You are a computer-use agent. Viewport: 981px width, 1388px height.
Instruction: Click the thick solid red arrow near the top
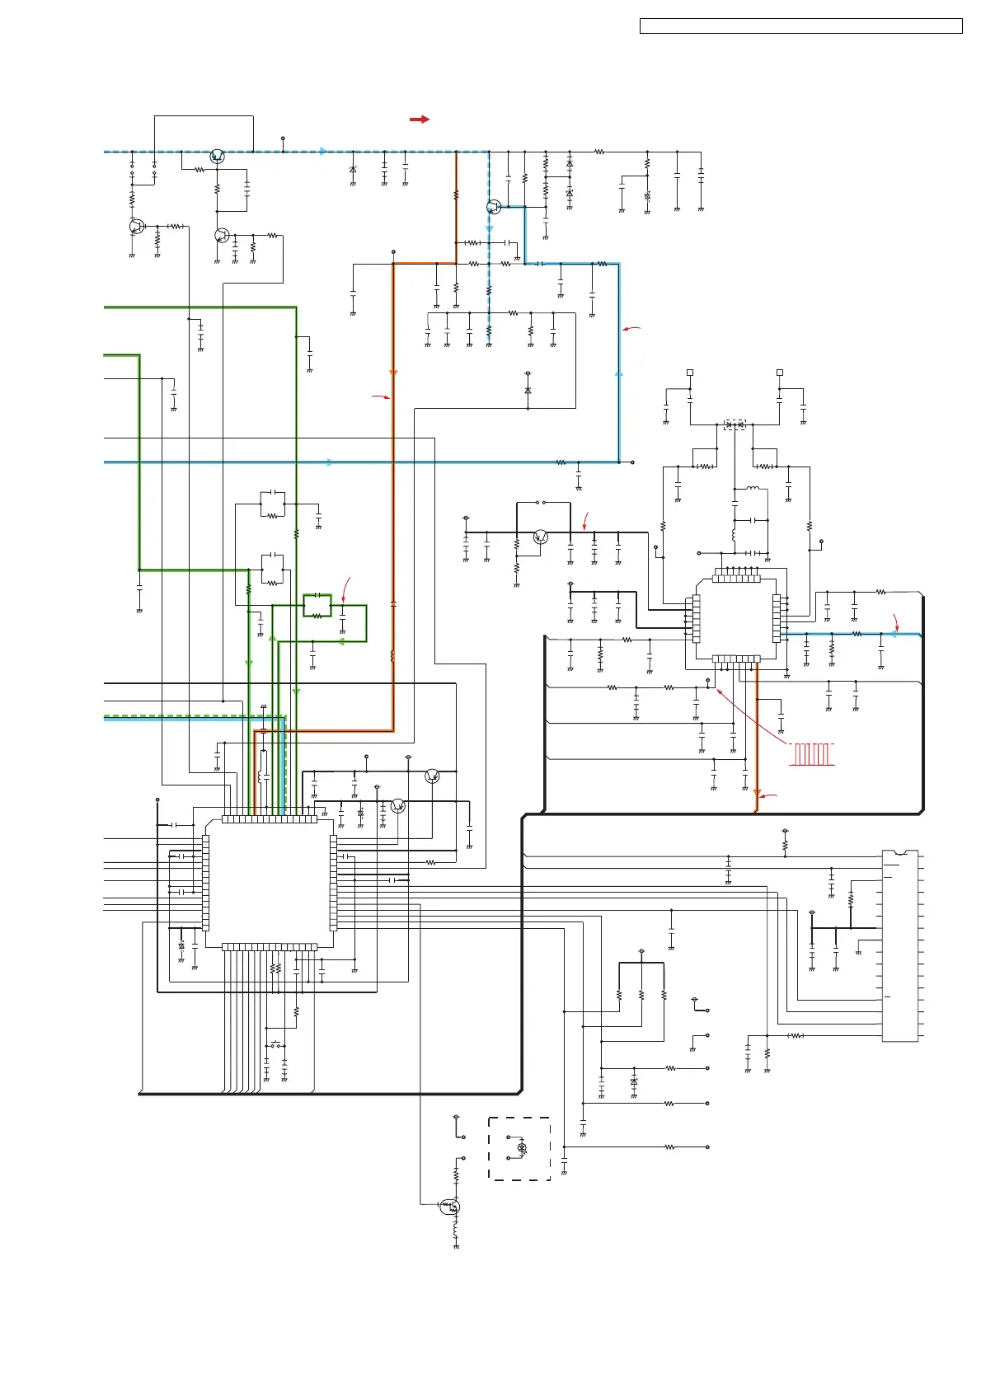tap(420, 120)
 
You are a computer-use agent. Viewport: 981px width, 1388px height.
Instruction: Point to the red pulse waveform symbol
tap(812, 754)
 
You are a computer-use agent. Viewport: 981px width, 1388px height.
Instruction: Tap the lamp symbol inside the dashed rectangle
tap(522, 1147)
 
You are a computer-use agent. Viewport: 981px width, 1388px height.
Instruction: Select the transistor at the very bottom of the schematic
tap(449, 1207)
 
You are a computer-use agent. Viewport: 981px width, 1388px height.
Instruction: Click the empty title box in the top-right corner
tap(800, 26)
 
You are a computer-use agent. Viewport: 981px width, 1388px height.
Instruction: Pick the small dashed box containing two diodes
tap(734, 424)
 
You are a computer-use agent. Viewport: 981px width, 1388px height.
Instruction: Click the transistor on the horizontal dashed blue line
tap(217, 157)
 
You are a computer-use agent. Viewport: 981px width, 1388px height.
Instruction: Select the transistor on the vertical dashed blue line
tap(493, 207)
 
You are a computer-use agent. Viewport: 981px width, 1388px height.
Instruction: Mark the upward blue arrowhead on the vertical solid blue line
tap(619, 373)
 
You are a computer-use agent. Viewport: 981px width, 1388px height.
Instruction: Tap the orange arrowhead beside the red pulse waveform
tap(756, 793)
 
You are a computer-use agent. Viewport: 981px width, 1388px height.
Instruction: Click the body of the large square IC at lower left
tap(270, 882)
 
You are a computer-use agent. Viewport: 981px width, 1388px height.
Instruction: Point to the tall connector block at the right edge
tap(899, 946)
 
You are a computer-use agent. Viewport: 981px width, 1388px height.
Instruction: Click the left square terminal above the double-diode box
tap(690, 373)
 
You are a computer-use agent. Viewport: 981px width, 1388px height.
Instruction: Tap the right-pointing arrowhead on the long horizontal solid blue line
tap(331, 462)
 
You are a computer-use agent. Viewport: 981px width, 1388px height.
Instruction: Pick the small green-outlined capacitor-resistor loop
tap(317, 606)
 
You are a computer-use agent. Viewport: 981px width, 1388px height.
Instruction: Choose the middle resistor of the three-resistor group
tap(641, 996)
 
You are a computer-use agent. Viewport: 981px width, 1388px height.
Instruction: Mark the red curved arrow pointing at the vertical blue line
tap(631, 329)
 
